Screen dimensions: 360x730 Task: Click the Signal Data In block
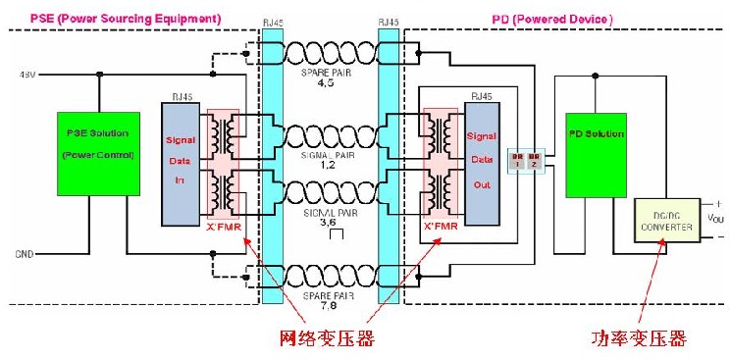pos(181,156)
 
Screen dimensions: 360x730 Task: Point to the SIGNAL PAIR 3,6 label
pos(329,217)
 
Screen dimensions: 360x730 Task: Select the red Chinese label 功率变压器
pos(638,339)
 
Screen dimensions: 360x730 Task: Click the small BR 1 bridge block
pos(517,159)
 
